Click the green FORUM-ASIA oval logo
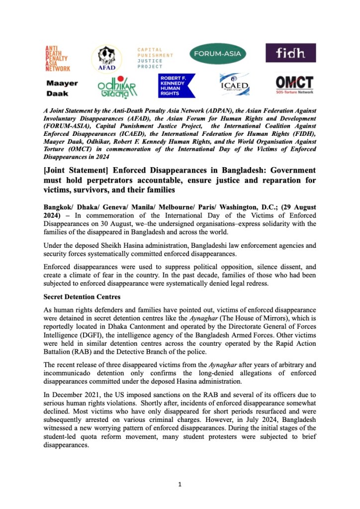[221, 53]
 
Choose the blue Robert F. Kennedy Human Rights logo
[177, 85]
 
